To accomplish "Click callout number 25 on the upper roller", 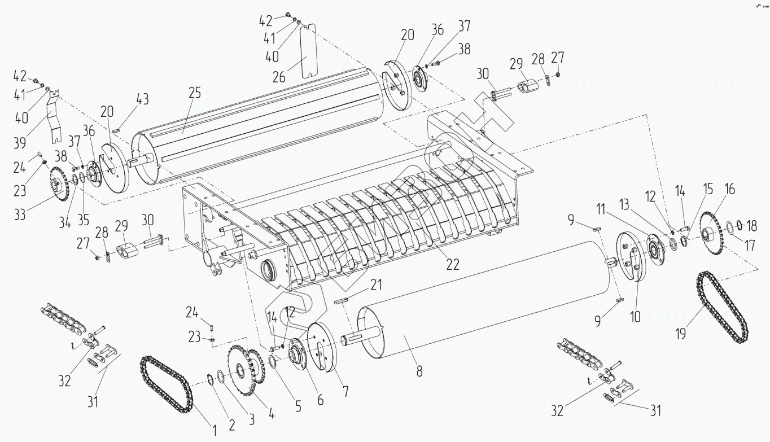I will click(194, 94).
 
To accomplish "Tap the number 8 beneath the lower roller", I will click(418, 371).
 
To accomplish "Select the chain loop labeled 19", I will click(723, 308).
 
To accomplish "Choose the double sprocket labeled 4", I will click(246, 366).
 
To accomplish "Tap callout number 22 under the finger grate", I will click(451, 263).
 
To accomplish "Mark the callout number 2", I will click(231, 425).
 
